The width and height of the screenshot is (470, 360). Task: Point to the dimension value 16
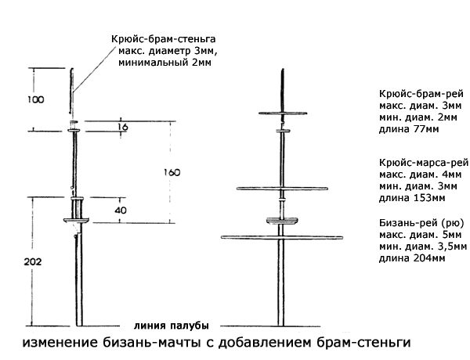123,125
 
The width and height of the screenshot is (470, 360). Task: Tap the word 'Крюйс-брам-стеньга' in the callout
164,38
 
